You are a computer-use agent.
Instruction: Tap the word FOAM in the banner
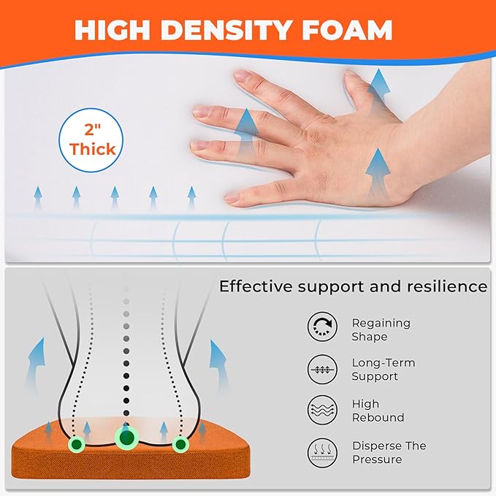click(x=347, y=30)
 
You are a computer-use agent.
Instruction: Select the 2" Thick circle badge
click(x=91, y=140)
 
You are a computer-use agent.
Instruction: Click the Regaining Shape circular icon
click(x=322, y=327)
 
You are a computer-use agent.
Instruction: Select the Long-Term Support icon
click(x=322, y=369)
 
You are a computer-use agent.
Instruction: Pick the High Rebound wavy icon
click(x=322, y=410)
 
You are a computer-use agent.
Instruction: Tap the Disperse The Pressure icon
click(x=322, y=453)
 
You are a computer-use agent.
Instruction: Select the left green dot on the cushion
click(x=77, y=444)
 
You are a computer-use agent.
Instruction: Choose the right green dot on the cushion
click(x=180, y=444)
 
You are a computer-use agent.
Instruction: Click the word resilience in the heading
click(x=447, y=286)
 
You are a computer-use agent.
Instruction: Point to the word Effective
click(x=256, y=286)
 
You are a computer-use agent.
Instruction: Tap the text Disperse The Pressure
click(x=389, y=453)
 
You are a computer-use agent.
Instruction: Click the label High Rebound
click(x=378, y=411)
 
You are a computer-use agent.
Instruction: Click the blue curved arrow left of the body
click(x=37, y=364)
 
